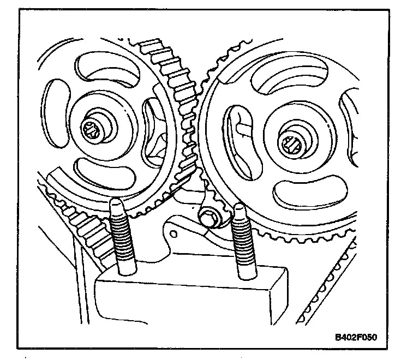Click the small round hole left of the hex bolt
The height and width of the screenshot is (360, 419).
(173, 234)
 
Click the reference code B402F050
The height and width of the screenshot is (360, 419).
(355, 337)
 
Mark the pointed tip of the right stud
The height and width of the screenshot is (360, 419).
(239, 208)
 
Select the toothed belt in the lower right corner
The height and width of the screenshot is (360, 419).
(327, 284)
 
